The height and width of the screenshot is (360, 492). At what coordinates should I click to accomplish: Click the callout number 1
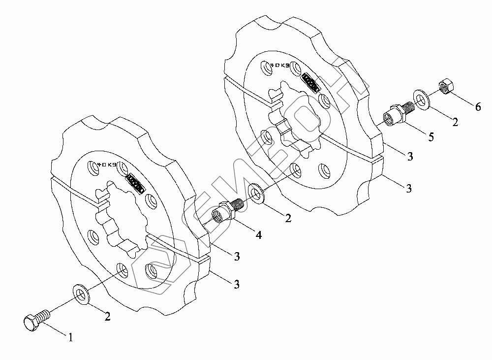pyautogui.click(x=71, y=338)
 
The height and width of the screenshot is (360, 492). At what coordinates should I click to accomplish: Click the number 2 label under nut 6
pyautogui.click(x=455, y=122)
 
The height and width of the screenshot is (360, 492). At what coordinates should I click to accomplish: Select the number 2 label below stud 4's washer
pyautogui.click(x=287, y=217)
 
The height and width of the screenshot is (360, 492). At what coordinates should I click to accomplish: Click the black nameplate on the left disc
pyautogui.click(x=135, y=182)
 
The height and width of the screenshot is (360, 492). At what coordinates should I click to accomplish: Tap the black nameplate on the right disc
pyautogui.click(x=310, y=81)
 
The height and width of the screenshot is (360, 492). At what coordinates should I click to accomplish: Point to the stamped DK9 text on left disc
pyautogui.click(x=107, y=164)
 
